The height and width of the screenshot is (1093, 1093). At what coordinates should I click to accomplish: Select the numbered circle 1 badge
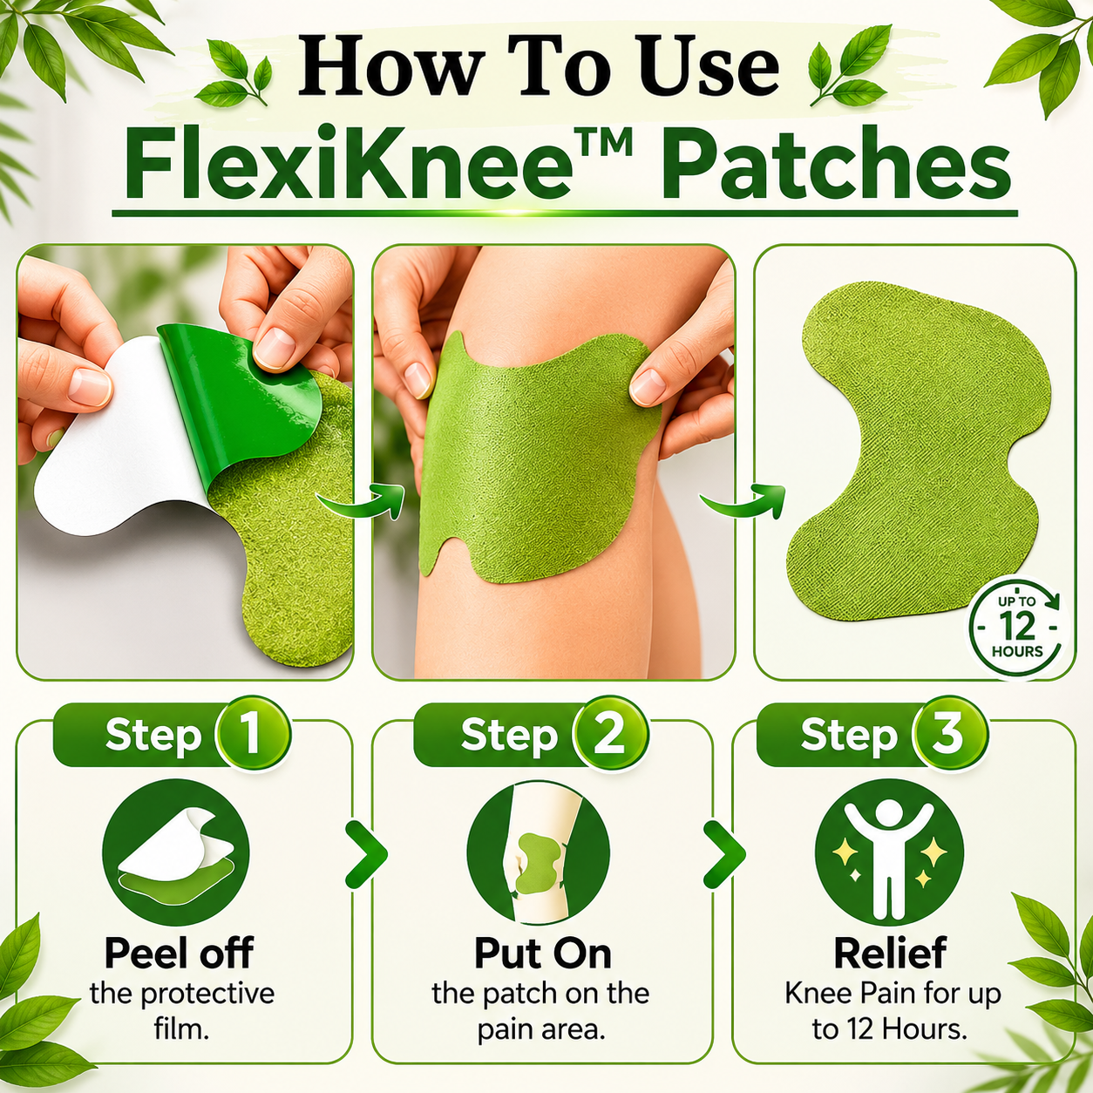[253, 735]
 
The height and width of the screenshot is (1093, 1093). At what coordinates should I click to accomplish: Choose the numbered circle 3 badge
[947, 735]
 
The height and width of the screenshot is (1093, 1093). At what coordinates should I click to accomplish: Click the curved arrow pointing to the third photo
[743, 504]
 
